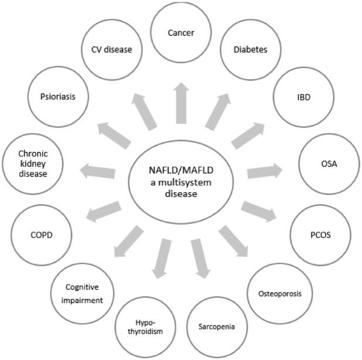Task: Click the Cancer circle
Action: coord(182,33)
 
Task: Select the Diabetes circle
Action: coord(246,50)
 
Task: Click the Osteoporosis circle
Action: coord(280,293)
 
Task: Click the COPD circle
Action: coord(41,236)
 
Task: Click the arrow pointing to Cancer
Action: coord(182,101)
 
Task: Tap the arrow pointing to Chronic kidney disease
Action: coord(97,171)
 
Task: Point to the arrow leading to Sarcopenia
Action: coord(199,258)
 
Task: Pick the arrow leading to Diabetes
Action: coord(218,111)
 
